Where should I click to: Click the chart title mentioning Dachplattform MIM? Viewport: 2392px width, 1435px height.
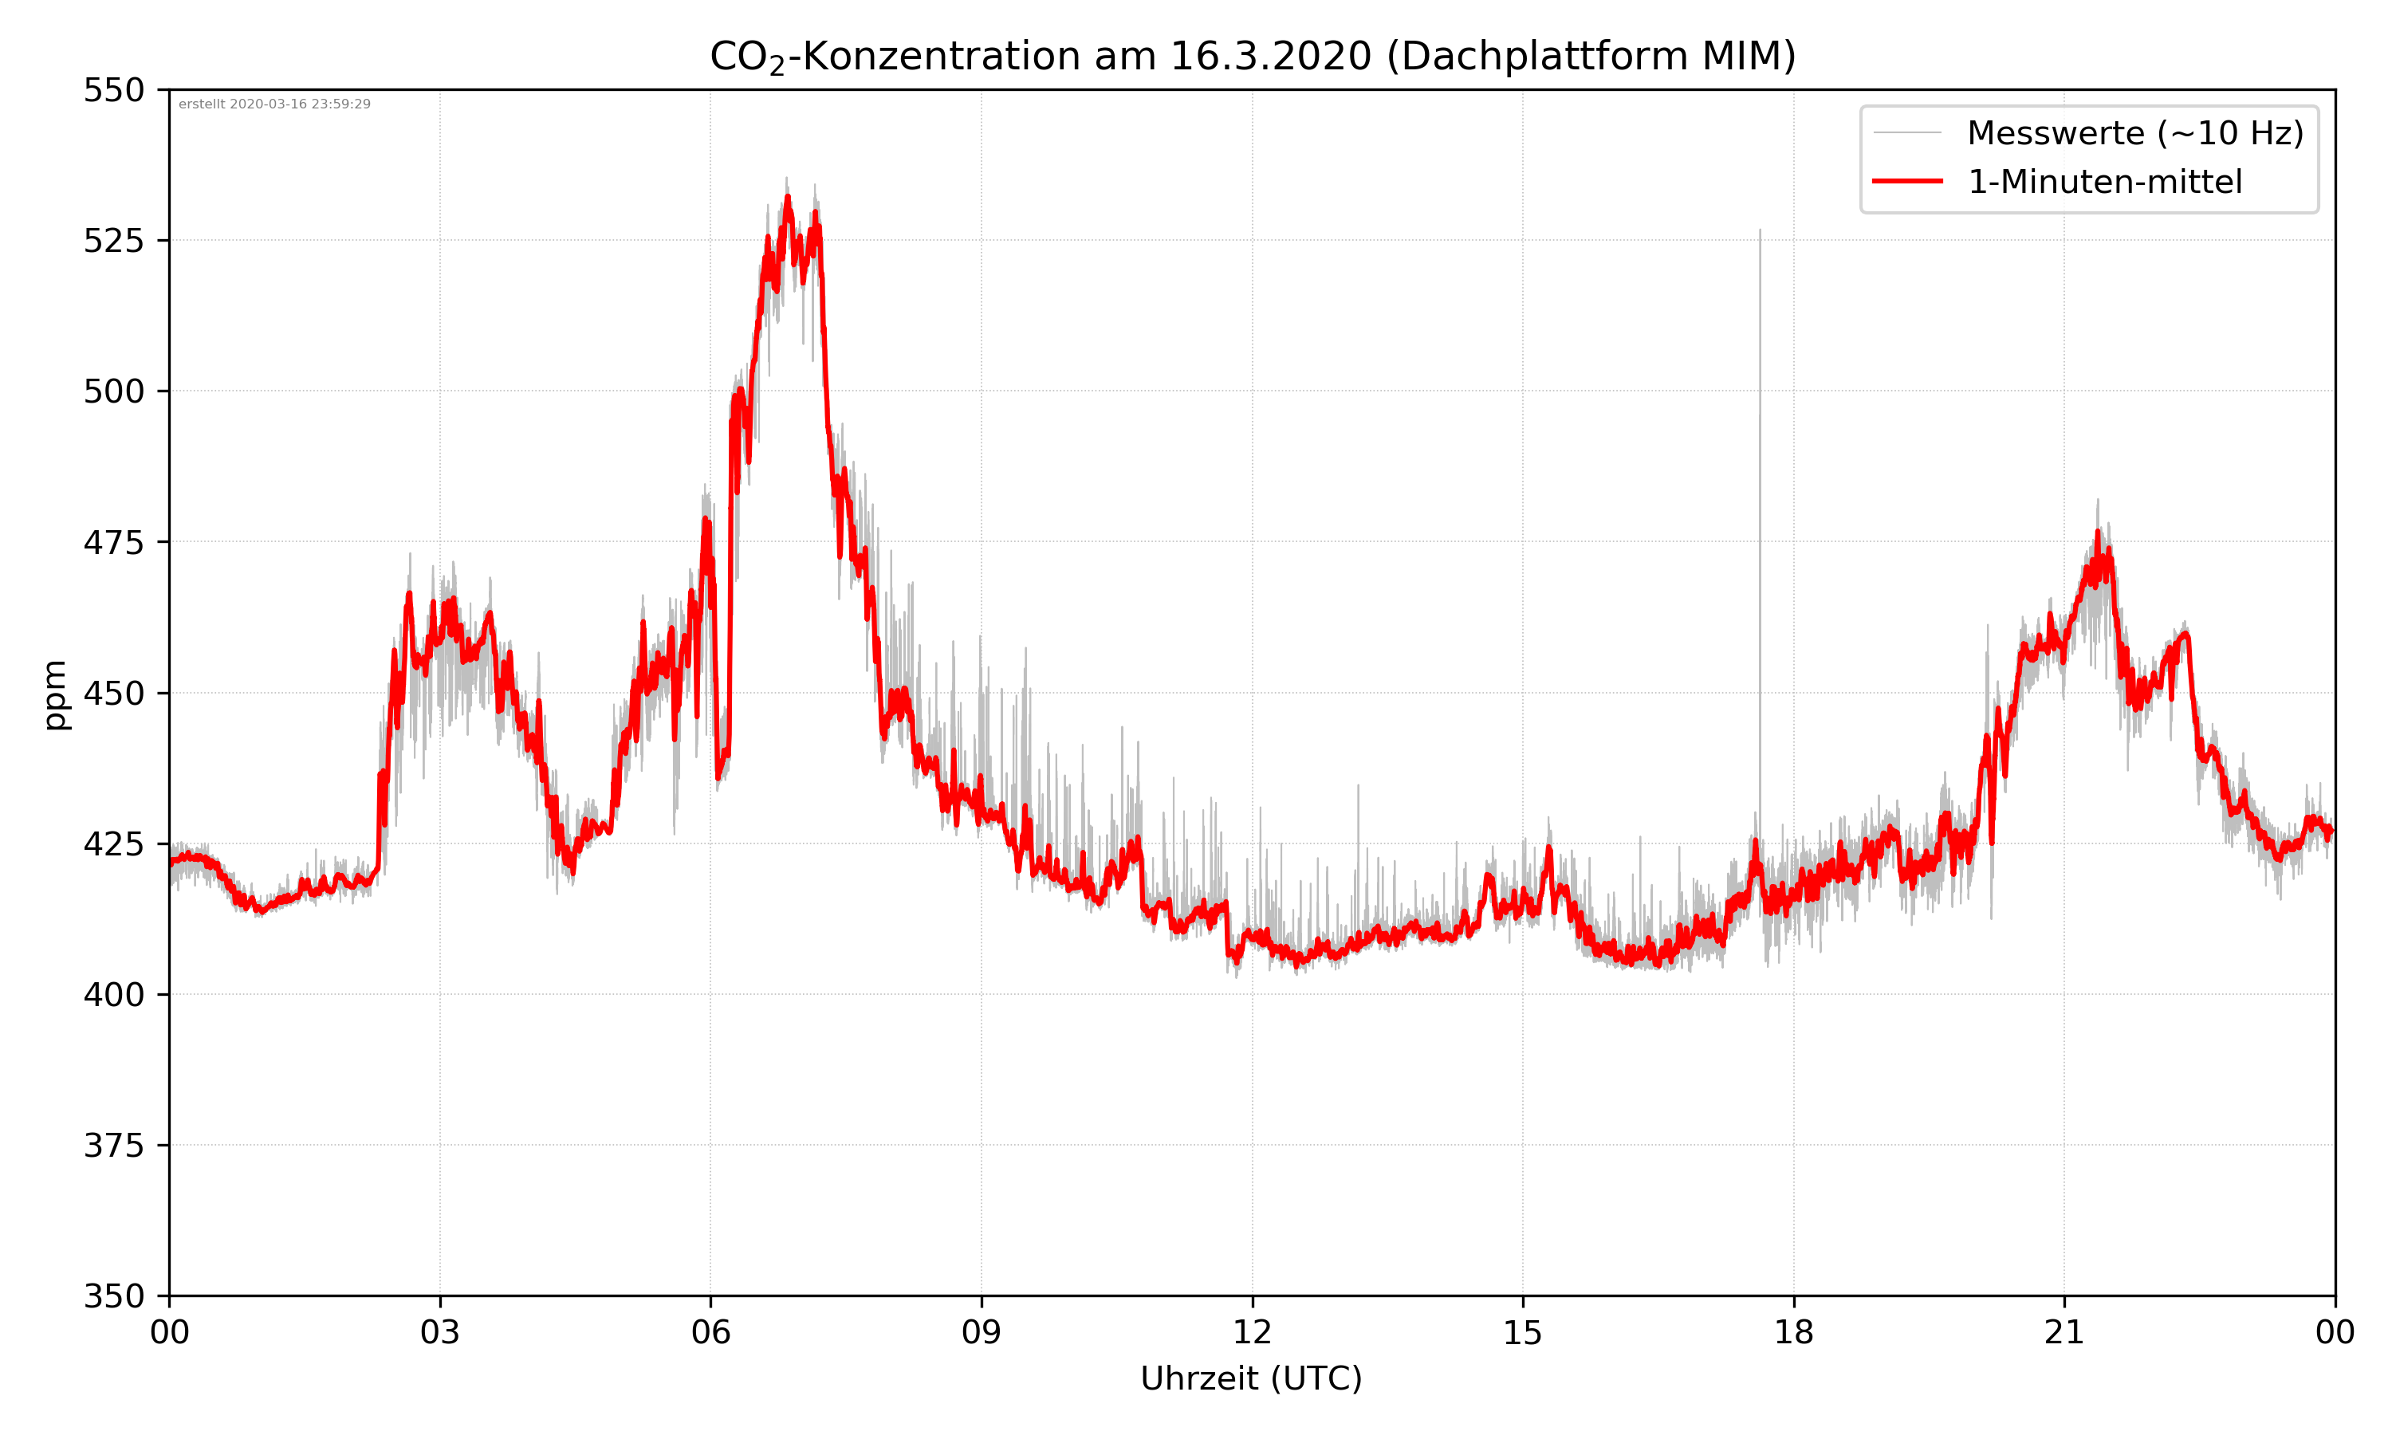click(1252, 56)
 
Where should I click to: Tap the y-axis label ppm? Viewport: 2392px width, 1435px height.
click(55, 694)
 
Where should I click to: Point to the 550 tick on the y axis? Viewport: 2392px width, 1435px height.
click(113, 90)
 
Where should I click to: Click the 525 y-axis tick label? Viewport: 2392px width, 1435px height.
click(113, 241)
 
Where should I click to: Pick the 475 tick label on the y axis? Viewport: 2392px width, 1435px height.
click(113, 542)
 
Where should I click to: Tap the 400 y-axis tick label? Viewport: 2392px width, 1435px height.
click(113, 995)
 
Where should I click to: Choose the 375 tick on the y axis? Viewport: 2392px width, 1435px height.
click(113, 1146)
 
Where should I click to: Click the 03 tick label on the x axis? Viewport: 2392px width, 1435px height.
click(440, 1332)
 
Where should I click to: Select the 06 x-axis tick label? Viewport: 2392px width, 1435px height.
click(710, 1332)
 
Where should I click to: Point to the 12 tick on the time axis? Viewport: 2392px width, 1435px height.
click(1252, 1332)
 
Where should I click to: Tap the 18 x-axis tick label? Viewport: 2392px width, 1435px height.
click(1793, 1332)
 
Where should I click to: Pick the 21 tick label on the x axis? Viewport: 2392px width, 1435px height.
click(2064, 1332)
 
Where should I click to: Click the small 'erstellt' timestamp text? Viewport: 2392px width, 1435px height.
click(274, 104)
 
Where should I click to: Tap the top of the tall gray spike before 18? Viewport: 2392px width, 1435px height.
click(1760, 230)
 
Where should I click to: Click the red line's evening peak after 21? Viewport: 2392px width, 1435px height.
click(2098, 532)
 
